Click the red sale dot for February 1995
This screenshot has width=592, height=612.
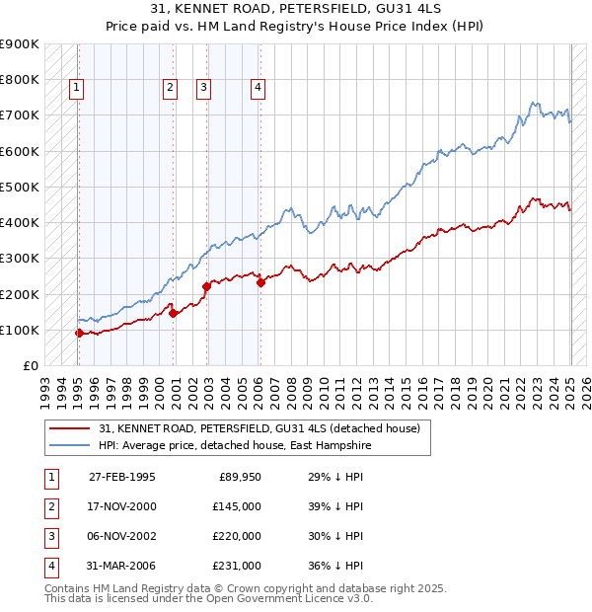click(x=79, y=334)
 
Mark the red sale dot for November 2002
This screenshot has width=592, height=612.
click(x=206, y=286)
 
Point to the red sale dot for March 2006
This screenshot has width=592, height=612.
click(x=261, y=282)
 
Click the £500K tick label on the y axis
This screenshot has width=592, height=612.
click(x=20, y=187)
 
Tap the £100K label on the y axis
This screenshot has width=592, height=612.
click(x=20, y=330)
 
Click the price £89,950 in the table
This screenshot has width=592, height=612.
click(x=237, y=477)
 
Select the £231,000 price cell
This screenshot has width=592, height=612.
click(x=237, y=566)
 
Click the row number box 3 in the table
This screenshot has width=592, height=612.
click(x=50, y=536)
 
